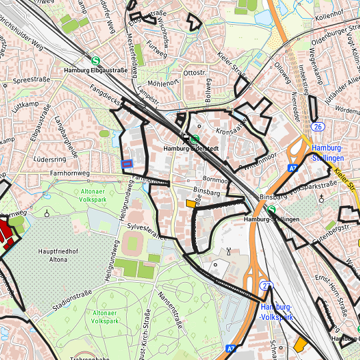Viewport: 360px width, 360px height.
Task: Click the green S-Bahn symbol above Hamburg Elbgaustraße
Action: pyautogui.click(x=97, y=59)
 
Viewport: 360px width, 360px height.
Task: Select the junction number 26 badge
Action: pyautogui.click(x=318, y=127)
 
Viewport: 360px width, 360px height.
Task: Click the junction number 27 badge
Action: pyautogui.click(x=267, y=286)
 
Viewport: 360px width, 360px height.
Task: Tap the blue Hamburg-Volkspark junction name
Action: pyautogui.click(x=277, y=312)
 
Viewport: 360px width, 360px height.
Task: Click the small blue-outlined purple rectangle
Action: pyautogui.click(x=127, y=163)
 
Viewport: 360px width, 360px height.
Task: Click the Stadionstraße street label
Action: pyautogui.click(x=71, y=301)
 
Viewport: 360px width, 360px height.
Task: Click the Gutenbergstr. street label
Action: pyautogui.click(x=334, y=230)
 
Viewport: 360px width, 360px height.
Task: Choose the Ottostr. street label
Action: pyautogui.click(x=195, y=72)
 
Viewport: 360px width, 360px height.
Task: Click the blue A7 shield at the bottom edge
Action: pyautogui.click(x=231, y=348)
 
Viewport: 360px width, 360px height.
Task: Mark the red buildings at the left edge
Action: pyautogui.click(x=7, y=235)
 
